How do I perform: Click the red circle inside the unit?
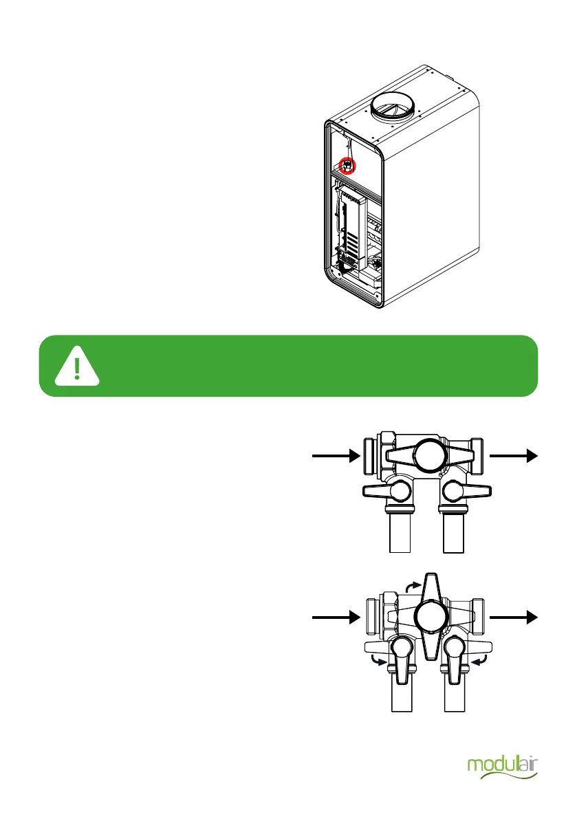click(348, 165)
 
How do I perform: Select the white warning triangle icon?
click(77, 366)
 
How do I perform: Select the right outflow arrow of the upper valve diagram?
click(513, 455)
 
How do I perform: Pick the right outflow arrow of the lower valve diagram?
click(513, 618)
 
